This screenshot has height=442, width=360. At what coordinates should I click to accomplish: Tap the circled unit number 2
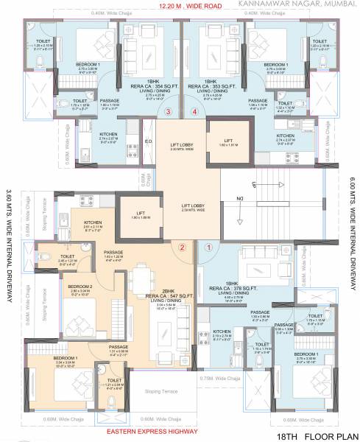[182, 248]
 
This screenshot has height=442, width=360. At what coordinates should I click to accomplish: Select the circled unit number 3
[169, 113]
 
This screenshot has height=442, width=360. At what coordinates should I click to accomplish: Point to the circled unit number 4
[194, 113]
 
